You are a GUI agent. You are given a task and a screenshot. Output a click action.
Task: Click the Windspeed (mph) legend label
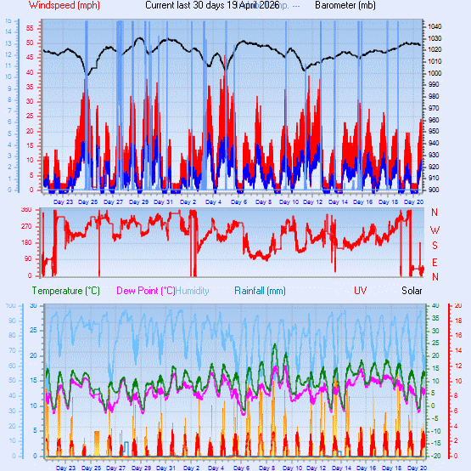[x=64, y=5]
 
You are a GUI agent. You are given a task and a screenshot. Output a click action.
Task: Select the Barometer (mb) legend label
[x=345, y=5]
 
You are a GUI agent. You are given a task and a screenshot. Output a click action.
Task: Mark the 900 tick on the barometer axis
[x=434, y=189]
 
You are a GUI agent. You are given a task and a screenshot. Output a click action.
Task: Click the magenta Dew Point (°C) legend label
[x=145, y=291]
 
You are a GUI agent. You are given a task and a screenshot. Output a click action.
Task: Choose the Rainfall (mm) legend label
[x=264, y=291]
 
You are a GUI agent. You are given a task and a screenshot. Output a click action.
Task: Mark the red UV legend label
[x=361, y=291]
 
